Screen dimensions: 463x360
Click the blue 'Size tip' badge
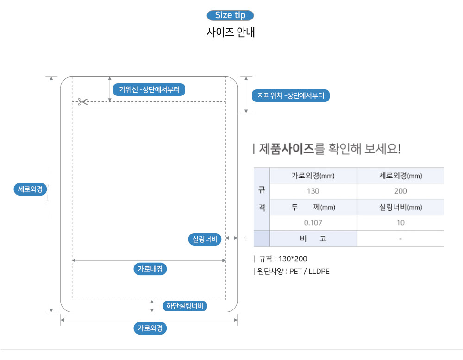click(x=230, y=15)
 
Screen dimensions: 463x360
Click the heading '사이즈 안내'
click(x=231, y=32)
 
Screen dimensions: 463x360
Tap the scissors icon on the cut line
click(x=83, y=102)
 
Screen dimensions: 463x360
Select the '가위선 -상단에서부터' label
click(x=149, y=89)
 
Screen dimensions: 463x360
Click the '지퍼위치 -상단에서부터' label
click(x=291, y=95)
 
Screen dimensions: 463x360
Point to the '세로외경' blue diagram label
click(x=30, y=189)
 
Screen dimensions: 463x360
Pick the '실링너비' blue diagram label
click(x=205, y=239)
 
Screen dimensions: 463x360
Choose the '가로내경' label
click(x=150, y=269)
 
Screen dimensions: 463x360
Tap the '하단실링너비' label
click(x=185, y=306)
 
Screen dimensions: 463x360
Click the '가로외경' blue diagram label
click(x=150, y=328)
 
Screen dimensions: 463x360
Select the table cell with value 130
click(x=313, y=191)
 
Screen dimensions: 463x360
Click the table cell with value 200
click(x=400, y=191)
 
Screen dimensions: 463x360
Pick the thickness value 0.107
click(x=313, y=222)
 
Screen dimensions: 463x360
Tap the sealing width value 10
click(x=400, y=222)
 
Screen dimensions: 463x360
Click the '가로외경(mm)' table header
click(x=313, y=176)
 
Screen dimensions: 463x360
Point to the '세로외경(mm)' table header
click(x=400, y=176)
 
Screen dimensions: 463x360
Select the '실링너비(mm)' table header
click(x=400, y=207)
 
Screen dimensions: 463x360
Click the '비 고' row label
click(x=313, y=239)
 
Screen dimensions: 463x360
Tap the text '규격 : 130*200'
click(x=283, y=259)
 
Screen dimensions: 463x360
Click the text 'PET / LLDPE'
click(x=309, y=272)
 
